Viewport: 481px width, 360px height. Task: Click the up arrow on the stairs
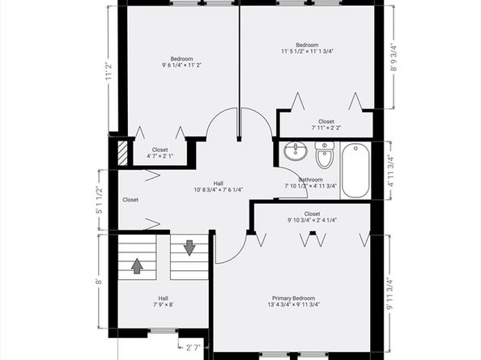click(x=138, y=265)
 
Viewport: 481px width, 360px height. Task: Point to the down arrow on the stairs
click(x=189, y=247)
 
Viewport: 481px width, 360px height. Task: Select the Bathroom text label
click(x=310, y=180)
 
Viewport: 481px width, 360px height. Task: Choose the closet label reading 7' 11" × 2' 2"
click(x=326, y=128)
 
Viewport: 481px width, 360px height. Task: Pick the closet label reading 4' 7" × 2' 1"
click(x=160, y=155)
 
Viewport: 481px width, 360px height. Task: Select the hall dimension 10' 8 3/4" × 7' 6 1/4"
click(x=219, y=190)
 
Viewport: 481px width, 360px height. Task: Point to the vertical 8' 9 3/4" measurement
click(x=394, y=57)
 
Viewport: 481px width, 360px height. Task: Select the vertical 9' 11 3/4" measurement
click(x=392, y=294)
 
